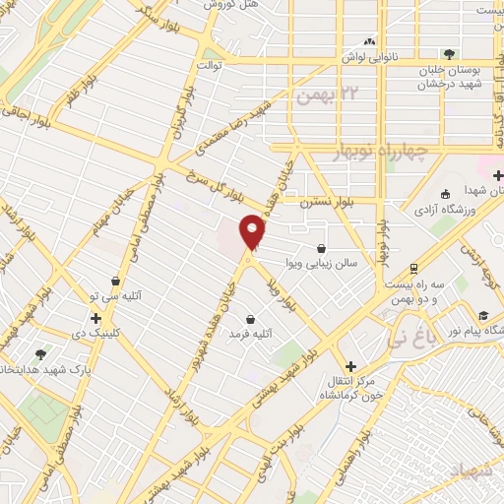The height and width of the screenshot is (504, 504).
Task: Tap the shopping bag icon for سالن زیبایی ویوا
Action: tap(323, 249)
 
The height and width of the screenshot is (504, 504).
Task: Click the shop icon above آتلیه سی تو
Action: tap(116, 281)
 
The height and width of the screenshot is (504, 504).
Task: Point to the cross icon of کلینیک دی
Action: tap(95, 319)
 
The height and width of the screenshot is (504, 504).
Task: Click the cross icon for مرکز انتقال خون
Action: tap(350, 366)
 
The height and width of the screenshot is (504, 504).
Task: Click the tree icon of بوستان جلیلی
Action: tap(450, 54)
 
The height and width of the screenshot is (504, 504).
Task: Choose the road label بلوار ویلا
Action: tap(279, 290)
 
